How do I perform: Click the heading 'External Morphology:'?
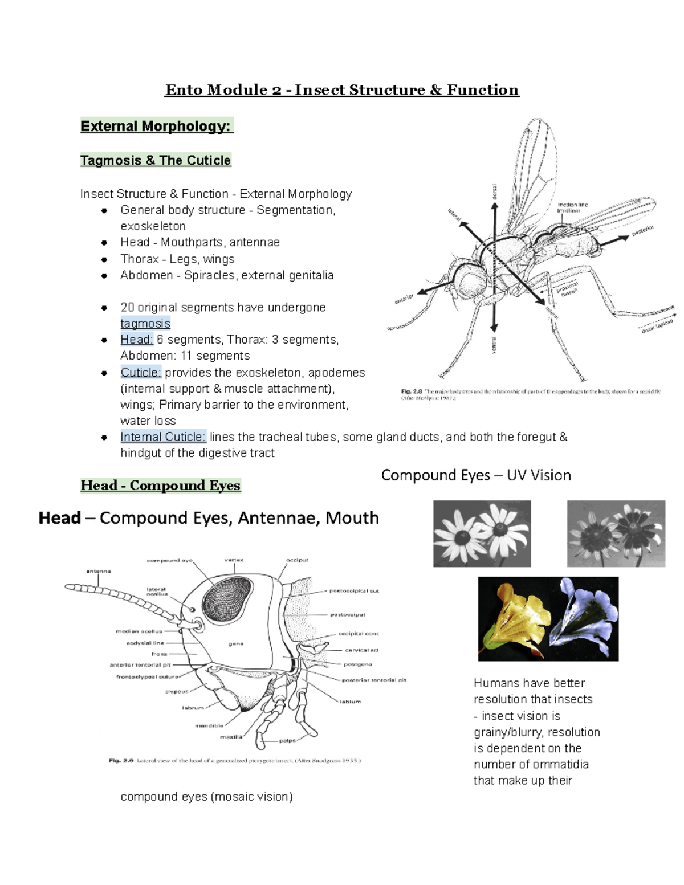coord(157,126)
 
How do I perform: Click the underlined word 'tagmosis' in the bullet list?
coord(145,324)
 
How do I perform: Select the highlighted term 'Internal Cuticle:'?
coord(163,437)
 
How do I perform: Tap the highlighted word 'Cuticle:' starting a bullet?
coord(141,373)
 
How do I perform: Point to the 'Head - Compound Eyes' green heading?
coord(161,486)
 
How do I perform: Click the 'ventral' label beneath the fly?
coord(494,345)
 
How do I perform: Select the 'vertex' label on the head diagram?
coord(234,560)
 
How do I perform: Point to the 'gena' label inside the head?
coord(236,643)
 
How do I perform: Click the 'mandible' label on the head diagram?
coord(209,726)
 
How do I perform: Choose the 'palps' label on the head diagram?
coord(287,741)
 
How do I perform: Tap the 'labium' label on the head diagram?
coord(351,702)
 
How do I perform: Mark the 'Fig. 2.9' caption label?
coord(121,761)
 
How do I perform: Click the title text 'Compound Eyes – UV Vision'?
coord(476,475)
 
